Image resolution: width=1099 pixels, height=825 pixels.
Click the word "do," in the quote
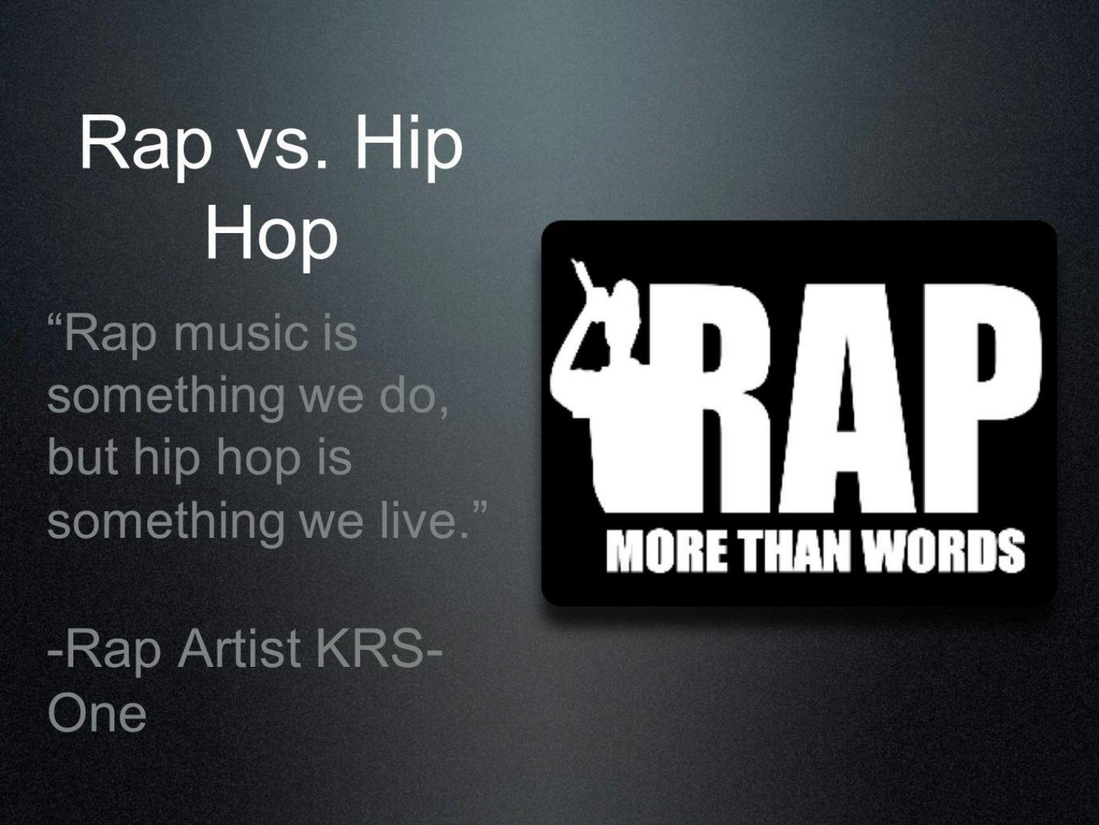coord(414,397)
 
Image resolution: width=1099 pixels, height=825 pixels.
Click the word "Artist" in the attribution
coord(240,649)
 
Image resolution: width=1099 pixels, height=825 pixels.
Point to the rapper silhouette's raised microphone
coord(586,278)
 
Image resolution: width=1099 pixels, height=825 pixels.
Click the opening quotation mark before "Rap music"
coord(55,321)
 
